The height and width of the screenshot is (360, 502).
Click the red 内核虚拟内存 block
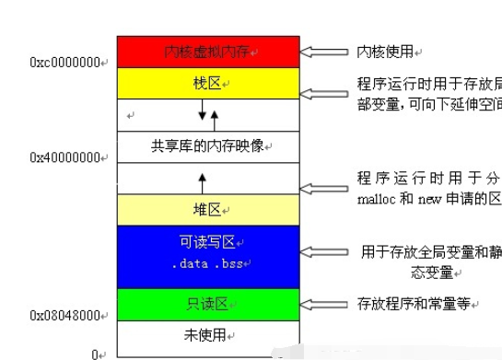pos(208,51)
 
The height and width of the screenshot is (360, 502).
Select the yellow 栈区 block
pos(208,84)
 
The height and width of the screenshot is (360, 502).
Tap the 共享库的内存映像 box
pos(208,146)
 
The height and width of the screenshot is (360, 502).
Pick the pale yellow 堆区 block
pos(208,208)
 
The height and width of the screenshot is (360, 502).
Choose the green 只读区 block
pos(208,304)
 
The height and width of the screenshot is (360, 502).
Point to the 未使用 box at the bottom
pos(208,334)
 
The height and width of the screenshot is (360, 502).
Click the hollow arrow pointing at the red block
pos(325,52)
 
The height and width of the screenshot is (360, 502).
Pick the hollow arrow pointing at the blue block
pos(325,250)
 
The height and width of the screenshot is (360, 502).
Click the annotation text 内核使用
pos(384,52)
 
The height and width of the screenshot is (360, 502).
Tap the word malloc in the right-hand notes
pos(372,199)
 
